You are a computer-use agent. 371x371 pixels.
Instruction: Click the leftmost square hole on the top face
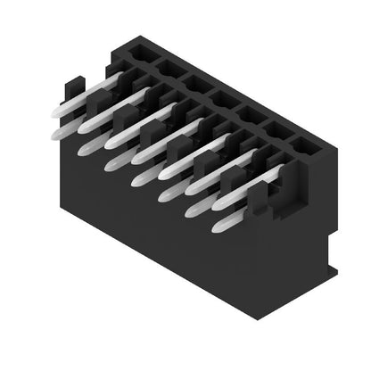tap(138, 54)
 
